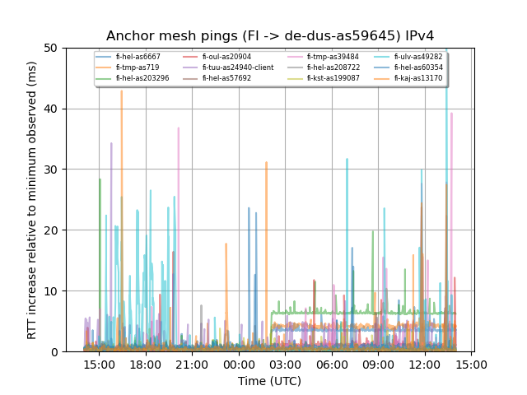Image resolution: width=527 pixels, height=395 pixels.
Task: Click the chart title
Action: (x=270, y=36)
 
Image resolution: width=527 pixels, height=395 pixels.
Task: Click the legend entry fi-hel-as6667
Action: (x=138, y=57)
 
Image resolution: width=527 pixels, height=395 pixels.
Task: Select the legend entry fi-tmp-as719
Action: (x=137, y=67)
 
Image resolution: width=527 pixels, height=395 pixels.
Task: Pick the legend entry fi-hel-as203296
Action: (x=142, y=78)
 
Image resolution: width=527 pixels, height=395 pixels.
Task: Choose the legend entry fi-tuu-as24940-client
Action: (x=238, y=67)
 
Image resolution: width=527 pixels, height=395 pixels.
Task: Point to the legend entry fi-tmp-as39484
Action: (x=333, y=57)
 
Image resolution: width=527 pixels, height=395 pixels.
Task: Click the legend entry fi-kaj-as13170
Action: (x=417, y=78)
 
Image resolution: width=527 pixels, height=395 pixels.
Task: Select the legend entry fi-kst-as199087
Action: (x=333, y=78)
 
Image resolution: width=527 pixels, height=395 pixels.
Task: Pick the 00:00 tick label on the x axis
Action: (x=239, y=363)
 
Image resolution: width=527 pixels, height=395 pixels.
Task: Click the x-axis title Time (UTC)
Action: (x=270, y=381)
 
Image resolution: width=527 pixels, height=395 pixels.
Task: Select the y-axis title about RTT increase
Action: (x=32, y=200)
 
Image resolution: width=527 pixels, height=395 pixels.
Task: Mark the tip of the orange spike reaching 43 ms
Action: (x=121, y=91)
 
